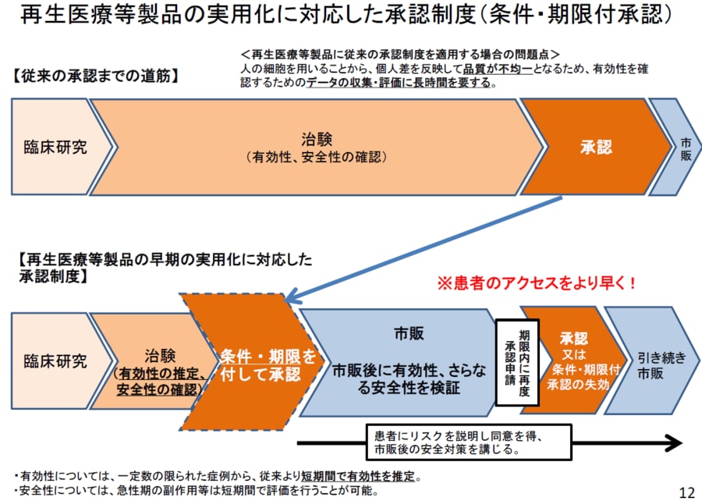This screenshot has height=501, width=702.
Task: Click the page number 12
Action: point(686,491)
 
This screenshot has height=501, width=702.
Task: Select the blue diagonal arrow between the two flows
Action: point(421,249)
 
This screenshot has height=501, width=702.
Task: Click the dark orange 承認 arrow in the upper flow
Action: point(595,146)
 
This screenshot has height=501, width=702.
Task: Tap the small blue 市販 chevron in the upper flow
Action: point(683,146)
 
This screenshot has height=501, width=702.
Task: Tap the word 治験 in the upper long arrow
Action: point(316,139)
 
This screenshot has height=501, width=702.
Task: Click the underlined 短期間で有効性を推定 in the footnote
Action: point(368,475)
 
